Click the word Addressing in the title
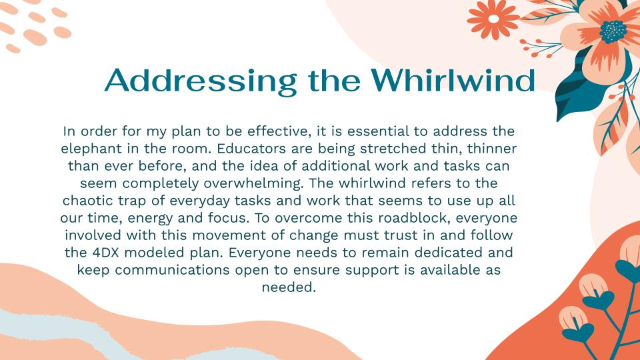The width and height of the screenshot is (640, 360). tap(201, 81)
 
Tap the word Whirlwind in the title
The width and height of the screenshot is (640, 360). tap(453, 80)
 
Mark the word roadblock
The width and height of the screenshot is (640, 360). tap(414, 218)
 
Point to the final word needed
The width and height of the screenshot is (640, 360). tap(289, 287)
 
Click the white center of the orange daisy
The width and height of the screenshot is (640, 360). tap(493, 19)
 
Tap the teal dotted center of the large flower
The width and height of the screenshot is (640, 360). tap(613, 32)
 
